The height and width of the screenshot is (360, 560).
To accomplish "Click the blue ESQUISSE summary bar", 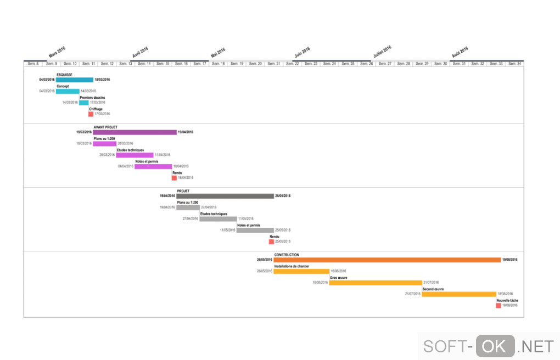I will [75, 80].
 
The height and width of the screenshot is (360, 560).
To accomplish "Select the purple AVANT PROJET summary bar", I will [135, 132].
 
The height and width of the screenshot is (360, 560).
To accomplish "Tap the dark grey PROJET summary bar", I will [225, 196].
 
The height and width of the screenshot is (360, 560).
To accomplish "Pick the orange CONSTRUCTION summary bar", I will [387, 260].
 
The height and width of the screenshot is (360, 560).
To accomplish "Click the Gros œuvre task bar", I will [376, 283].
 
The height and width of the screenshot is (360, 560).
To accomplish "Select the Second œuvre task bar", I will [459, 294].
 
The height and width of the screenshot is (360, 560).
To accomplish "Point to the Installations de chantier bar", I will [301, 271].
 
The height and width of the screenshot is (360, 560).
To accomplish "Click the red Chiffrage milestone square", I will [91, 114].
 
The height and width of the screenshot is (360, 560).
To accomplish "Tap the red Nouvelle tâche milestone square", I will [499, 305].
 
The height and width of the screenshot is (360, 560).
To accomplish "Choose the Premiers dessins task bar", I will [83, 103].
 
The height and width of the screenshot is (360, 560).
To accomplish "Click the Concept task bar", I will [68, 91].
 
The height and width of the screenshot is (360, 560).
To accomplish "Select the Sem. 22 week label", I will [293, 64].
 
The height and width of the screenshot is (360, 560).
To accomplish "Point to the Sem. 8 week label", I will [33, 64].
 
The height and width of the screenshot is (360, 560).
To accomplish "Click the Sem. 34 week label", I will [514, 64].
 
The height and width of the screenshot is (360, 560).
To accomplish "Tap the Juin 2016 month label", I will [302, 52].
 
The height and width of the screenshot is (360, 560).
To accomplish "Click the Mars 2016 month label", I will [57, 52].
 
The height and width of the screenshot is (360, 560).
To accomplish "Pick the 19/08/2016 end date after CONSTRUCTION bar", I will [510, 260].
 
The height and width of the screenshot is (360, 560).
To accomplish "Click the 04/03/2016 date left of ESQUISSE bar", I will [47, 80].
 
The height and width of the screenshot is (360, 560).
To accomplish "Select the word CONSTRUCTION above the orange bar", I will [287, 255].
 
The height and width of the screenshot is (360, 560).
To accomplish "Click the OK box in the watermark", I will [495, 346].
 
